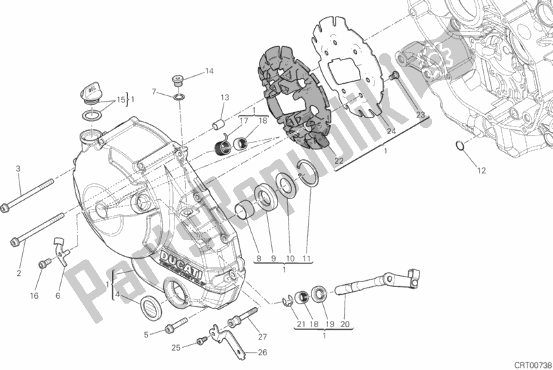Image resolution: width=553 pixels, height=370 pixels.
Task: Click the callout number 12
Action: tap(481, 170)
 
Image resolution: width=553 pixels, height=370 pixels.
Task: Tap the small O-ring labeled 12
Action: tap(459, 145)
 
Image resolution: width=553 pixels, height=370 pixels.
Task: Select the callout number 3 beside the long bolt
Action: tap(19, 169)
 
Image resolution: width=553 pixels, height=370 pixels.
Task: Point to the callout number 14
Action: tap(209, 71)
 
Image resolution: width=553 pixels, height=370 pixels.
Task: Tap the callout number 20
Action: tap(345, 324)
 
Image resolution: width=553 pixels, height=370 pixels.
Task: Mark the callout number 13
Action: tap(225, 98)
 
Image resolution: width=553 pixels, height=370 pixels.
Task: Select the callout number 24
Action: tap(391, 131)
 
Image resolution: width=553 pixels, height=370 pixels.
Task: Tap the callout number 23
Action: tap(420, 114)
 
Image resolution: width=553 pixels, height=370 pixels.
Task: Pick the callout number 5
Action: tap(146, 335)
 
